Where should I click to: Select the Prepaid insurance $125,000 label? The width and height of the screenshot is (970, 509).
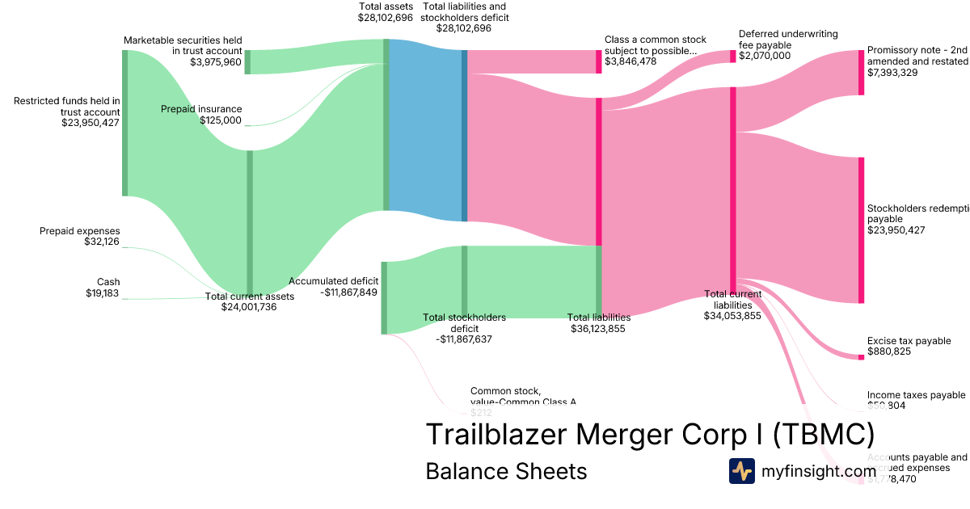coord(201,115)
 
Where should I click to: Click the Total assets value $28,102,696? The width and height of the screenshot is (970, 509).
coord(386,17)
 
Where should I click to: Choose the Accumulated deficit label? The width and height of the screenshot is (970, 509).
coord(333,281)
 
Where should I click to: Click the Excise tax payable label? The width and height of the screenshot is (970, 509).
coord(909,341)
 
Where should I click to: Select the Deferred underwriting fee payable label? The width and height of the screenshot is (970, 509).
coord(788,40)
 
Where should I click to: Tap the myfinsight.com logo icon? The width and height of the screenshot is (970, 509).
coord(741,471)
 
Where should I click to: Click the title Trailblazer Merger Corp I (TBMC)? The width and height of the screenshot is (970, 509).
coord(649,435)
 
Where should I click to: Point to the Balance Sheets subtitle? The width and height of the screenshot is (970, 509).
coord(506,471)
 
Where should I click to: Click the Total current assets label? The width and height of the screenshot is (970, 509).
coord(249,297)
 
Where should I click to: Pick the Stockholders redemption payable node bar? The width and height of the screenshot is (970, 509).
coord(861,230)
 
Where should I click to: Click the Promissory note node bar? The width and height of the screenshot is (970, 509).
coord(861,72)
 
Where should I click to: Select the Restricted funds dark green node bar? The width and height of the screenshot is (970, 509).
coord(124,123)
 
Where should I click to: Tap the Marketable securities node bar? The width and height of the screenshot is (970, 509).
coord(247,62)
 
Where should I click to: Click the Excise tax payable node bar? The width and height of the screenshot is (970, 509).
coord(861,356)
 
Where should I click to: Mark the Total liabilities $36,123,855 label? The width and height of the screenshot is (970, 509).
coord(599,323)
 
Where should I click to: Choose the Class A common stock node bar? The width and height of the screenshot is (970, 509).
coord(599,61)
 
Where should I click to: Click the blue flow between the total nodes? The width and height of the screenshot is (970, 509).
coord(425,129)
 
